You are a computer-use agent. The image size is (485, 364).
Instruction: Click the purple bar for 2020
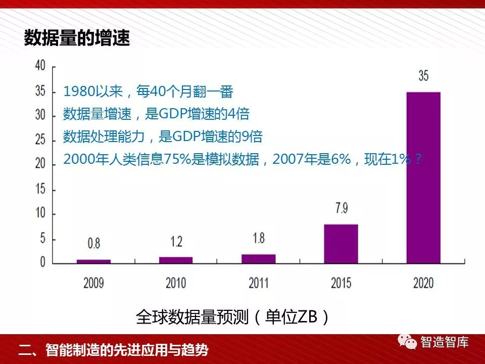(423, 177)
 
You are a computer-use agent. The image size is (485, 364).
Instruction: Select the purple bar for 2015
(341, 244)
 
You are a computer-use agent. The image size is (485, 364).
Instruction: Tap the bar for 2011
(258, 258)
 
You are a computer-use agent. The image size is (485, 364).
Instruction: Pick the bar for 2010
(175, 260)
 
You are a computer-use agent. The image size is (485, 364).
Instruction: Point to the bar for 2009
(93, 261)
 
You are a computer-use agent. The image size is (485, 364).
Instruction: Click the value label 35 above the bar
(423, 76)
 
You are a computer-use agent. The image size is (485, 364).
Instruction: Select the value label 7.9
(341, 208)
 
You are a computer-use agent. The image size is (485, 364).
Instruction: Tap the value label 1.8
(258, 238)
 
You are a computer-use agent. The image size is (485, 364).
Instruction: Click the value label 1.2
(176, 241)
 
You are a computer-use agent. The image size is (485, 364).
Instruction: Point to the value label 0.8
(93, 244)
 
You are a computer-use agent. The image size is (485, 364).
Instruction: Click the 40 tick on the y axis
(40, 65)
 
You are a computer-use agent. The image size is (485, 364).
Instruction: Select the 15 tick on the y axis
(40, 189)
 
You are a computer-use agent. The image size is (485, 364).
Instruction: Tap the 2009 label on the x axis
(93, 282)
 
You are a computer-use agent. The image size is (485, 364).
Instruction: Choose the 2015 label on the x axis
(341, 282)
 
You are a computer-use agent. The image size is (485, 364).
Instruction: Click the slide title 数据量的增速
(77, 38)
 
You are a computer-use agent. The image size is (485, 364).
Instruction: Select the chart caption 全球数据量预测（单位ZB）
(233, 317)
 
